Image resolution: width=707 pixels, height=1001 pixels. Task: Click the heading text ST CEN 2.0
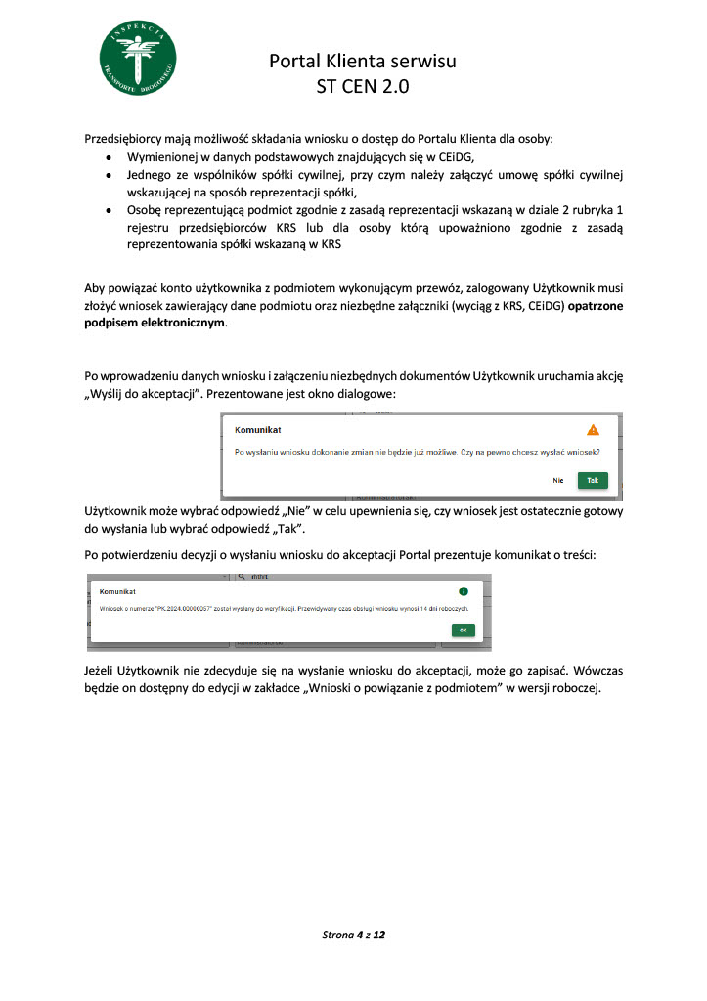[363, 86]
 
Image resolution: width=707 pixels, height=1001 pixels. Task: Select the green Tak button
[592, 480]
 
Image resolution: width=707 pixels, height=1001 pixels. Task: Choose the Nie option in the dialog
[558, 480]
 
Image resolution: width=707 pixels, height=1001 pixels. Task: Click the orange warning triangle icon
[593, 429]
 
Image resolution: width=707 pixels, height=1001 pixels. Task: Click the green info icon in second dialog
[463, 591]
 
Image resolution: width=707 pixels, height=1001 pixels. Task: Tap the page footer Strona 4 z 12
[354, 936]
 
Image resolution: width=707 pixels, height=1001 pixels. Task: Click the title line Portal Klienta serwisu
[363, 62]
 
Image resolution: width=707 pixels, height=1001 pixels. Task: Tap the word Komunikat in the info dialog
[117, 592]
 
